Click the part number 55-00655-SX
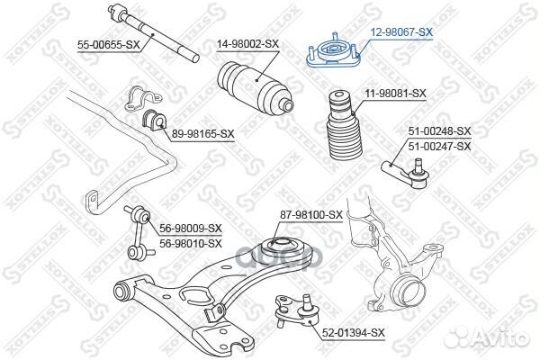(x=109, y=45)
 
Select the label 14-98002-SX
(x=247, y=44)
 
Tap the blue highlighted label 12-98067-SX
(x=401, y=32)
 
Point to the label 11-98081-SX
(x=395, y=94)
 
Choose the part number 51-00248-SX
(x=439, y=130)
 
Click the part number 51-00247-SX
(x=439, y=147)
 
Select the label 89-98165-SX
(x=202, y=133)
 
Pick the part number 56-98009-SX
(x=191, y=228)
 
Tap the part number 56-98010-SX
(x=191, y=244)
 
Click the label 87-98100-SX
(x=311, y=215)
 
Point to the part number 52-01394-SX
(x=354, y=333)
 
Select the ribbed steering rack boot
(x=256, y=87)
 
